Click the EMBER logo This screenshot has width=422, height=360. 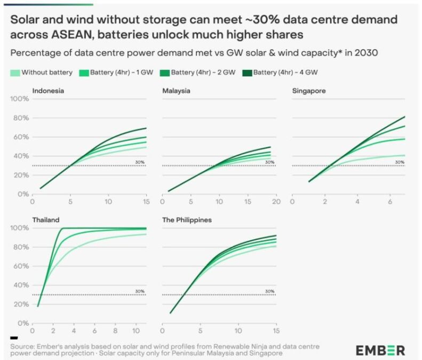[380, 350]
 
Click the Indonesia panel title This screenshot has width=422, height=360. [49, 91]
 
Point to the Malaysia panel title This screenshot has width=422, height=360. [177, 91]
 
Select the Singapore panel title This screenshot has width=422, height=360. [309, 91]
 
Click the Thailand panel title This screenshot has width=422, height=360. [46, 219]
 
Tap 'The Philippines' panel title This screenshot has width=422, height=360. [187, 219]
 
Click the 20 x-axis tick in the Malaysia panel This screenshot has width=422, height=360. [275, 203]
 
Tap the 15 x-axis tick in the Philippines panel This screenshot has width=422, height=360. [275, 332]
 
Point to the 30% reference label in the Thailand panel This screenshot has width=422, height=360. [140, 291]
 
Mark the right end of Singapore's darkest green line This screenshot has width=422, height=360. [405, 116]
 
